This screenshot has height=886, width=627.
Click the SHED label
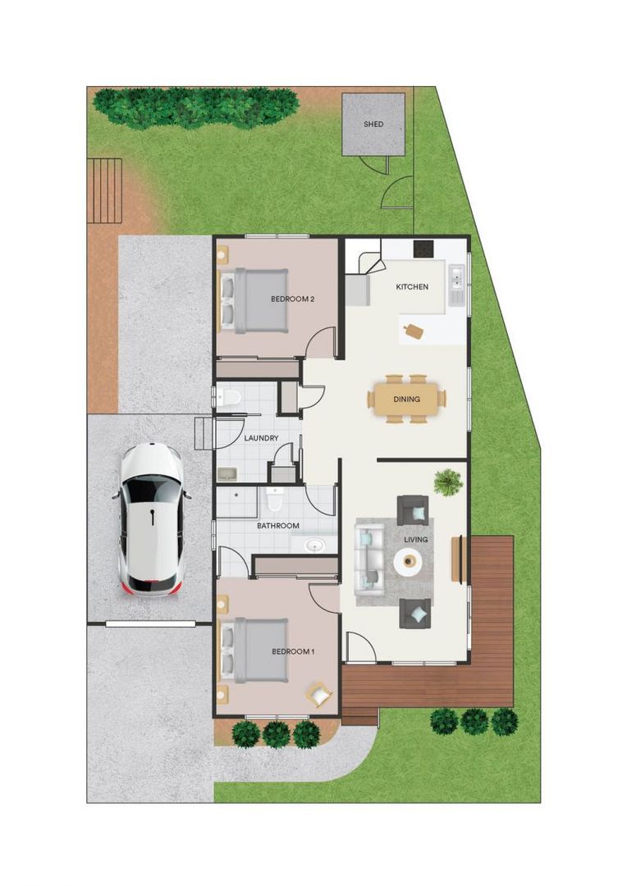click(x=373, y=125)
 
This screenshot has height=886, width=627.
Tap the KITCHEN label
click(x=412, y=287)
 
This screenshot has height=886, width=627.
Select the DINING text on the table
click(x=406, y=400)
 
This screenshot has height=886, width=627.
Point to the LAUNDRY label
click(x=261, y=438)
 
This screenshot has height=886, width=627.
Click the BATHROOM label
click(x=278, y=526)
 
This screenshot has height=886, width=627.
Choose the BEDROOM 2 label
click(x=293, y=299)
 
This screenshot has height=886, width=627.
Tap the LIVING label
click(x=416, y=540)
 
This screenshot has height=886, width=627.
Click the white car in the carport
click(x=153, y=518)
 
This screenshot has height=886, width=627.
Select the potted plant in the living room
click(x=448, y=482)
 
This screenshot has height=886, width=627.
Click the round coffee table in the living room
click(x=408, y=562)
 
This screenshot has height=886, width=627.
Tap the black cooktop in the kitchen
click(x=423, y=248)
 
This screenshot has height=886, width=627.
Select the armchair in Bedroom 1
click(x=319, y=695)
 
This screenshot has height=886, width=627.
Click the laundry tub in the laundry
click(x=227, y=473)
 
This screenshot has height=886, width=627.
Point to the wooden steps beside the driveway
click(x=106, y=190)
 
